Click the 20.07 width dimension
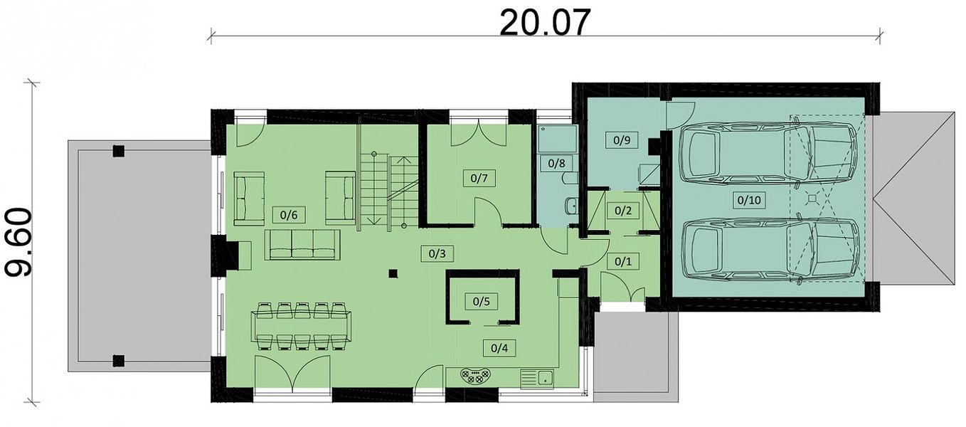[545, 23]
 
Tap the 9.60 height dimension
[18, 243]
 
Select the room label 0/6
[289, 215]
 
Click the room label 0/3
[437, 253]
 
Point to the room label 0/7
[479, 178]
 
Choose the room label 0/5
[482, 301]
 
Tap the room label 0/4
[499, 348]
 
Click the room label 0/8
[556, 163]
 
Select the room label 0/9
[622, 140]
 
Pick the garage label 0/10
[749, 200]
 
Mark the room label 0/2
[622, 211]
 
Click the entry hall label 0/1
[622, 261]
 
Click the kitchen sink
[537, 379]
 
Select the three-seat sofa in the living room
[302, 245]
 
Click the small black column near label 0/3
[393, 273]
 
